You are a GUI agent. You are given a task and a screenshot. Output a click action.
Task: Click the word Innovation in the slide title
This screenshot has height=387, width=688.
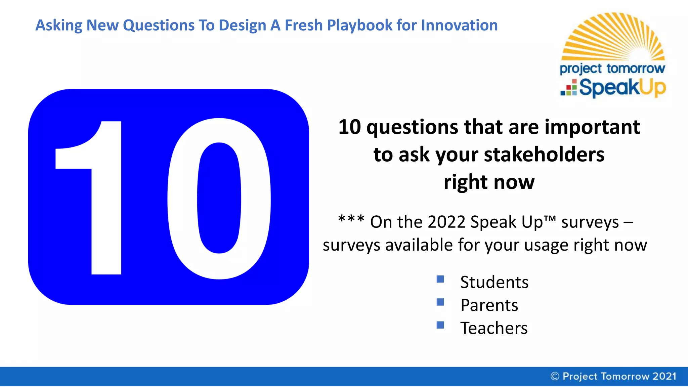pos(459,25)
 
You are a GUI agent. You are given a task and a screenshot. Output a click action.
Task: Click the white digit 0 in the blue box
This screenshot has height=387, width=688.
pos(219,198)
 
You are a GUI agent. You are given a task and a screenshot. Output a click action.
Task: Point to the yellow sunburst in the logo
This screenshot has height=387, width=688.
pos(613,37)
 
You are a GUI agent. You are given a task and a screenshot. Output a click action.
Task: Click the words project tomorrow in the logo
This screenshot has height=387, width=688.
pos(612,69)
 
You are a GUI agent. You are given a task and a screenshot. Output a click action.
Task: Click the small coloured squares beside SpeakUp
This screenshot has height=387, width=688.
pos(569,88)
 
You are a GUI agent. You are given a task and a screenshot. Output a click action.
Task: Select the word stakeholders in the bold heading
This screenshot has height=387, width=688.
pos(544,155)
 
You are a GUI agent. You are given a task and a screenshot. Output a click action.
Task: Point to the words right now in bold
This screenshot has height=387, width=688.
pos(489,182)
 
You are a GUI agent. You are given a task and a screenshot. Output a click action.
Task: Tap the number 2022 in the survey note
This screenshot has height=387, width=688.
pos(446,222)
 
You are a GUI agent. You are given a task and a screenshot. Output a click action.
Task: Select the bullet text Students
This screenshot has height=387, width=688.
pos(494,282)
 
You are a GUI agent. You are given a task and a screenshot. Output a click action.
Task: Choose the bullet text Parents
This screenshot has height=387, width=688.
pos(489,305)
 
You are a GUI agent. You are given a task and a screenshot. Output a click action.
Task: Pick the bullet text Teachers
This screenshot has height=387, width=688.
pos(494,328)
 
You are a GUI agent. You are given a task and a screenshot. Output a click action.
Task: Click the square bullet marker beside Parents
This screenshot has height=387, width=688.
pos(440,302)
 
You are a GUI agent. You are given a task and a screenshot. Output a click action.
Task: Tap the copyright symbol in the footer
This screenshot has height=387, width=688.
pos(555,376)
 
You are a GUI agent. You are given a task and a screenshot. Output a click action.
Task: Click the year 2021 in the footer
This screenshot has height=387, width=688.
pos(664,376)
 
